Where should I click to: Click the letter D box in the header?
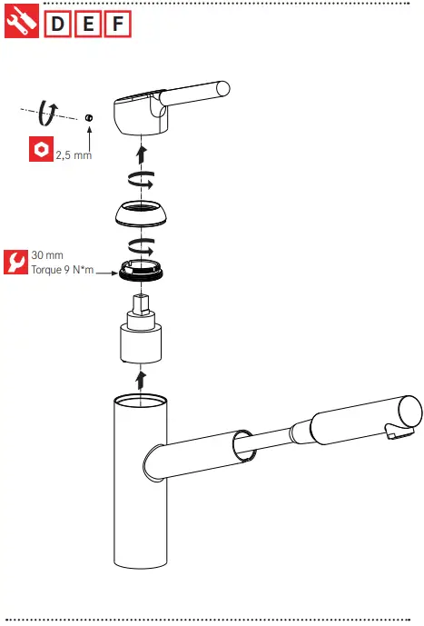tap(57, 23)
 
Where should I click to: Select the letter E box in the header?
tap(87, 23)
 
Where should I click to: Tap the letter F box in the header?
tap(117, 23)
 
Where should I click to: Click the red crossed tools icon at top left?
tap(22, 23)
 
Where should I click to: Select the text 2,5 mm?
tap(74, 155)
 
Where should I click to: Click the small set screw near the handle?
tap(89, 117)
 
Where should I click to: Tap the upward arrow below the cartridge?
tap(140, 377)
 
